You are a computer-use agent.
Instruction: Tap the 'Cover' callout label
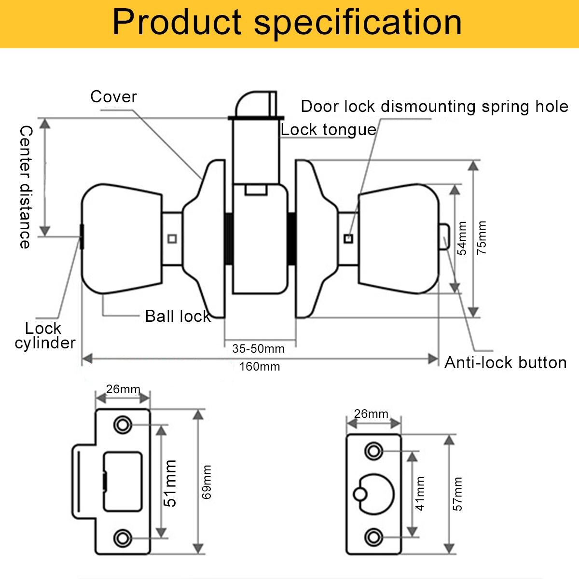click(114, 96)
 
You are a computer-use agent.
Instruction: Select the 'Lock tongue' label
click(328, 129)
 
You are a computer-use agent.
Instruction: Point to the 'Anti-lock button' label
click(505, 362)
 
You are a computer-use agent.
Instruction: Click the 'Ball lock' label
click(178, 316)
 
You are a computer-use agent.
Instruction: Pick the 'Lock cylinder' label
click(44, 335)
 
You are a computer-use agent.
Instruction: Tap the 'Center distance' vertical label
click(25, 187)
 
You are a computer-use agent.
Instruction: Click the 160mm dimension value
click(260, 366)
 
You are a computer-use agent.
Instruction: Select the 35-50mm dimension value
click(259, 348)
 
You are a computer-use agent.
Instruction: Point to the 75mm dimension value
click(482, 237)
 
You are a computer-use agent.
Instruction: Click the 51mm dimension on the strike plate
click(170, 483)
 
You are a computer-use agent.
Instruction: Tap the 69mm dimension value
click(207, 482)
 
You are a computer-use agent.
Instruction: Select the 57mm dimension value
click(458, 494)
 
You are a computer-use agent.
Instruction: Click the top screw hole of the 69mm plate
click(122, 425)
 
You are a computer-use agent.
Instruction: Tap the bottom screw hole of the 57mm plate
click(373, 536)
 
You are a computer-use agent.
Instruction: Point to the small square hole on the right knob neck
click(348, 238)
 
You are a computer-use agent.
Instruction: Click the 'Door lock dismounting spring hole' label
click(434, 106)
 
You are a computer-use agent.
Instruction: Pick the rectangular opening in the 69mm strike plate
click(123, 482)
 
